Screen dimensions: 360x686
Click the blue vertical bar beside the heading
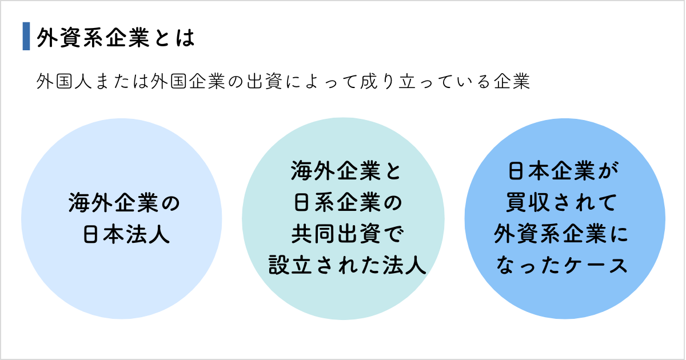coord(26,37)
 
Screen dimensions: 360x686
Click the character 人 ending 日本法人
coord(159,235)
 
